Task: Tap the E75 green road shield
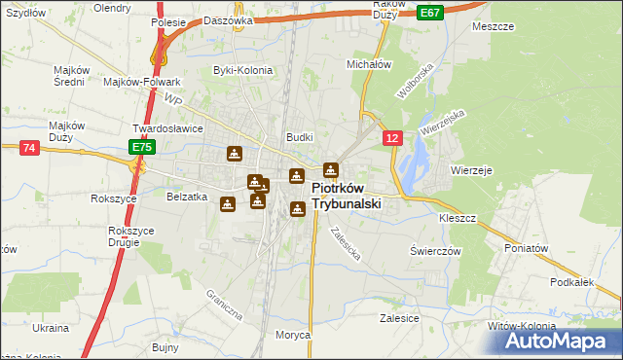[142, 147]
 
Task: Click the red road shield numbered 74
[28, 147]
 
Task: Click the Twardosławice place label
[167, 128]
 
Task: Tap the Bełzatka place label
[188, 197]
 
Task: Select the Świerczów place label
[434, 250]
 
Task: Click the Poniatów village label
[528, 248]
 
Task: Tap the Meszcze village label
[493, 26]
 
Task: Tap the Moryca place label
[292, 335]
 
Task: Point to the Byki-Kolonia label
[242, 70]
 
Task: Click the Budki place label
[298, 138]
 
